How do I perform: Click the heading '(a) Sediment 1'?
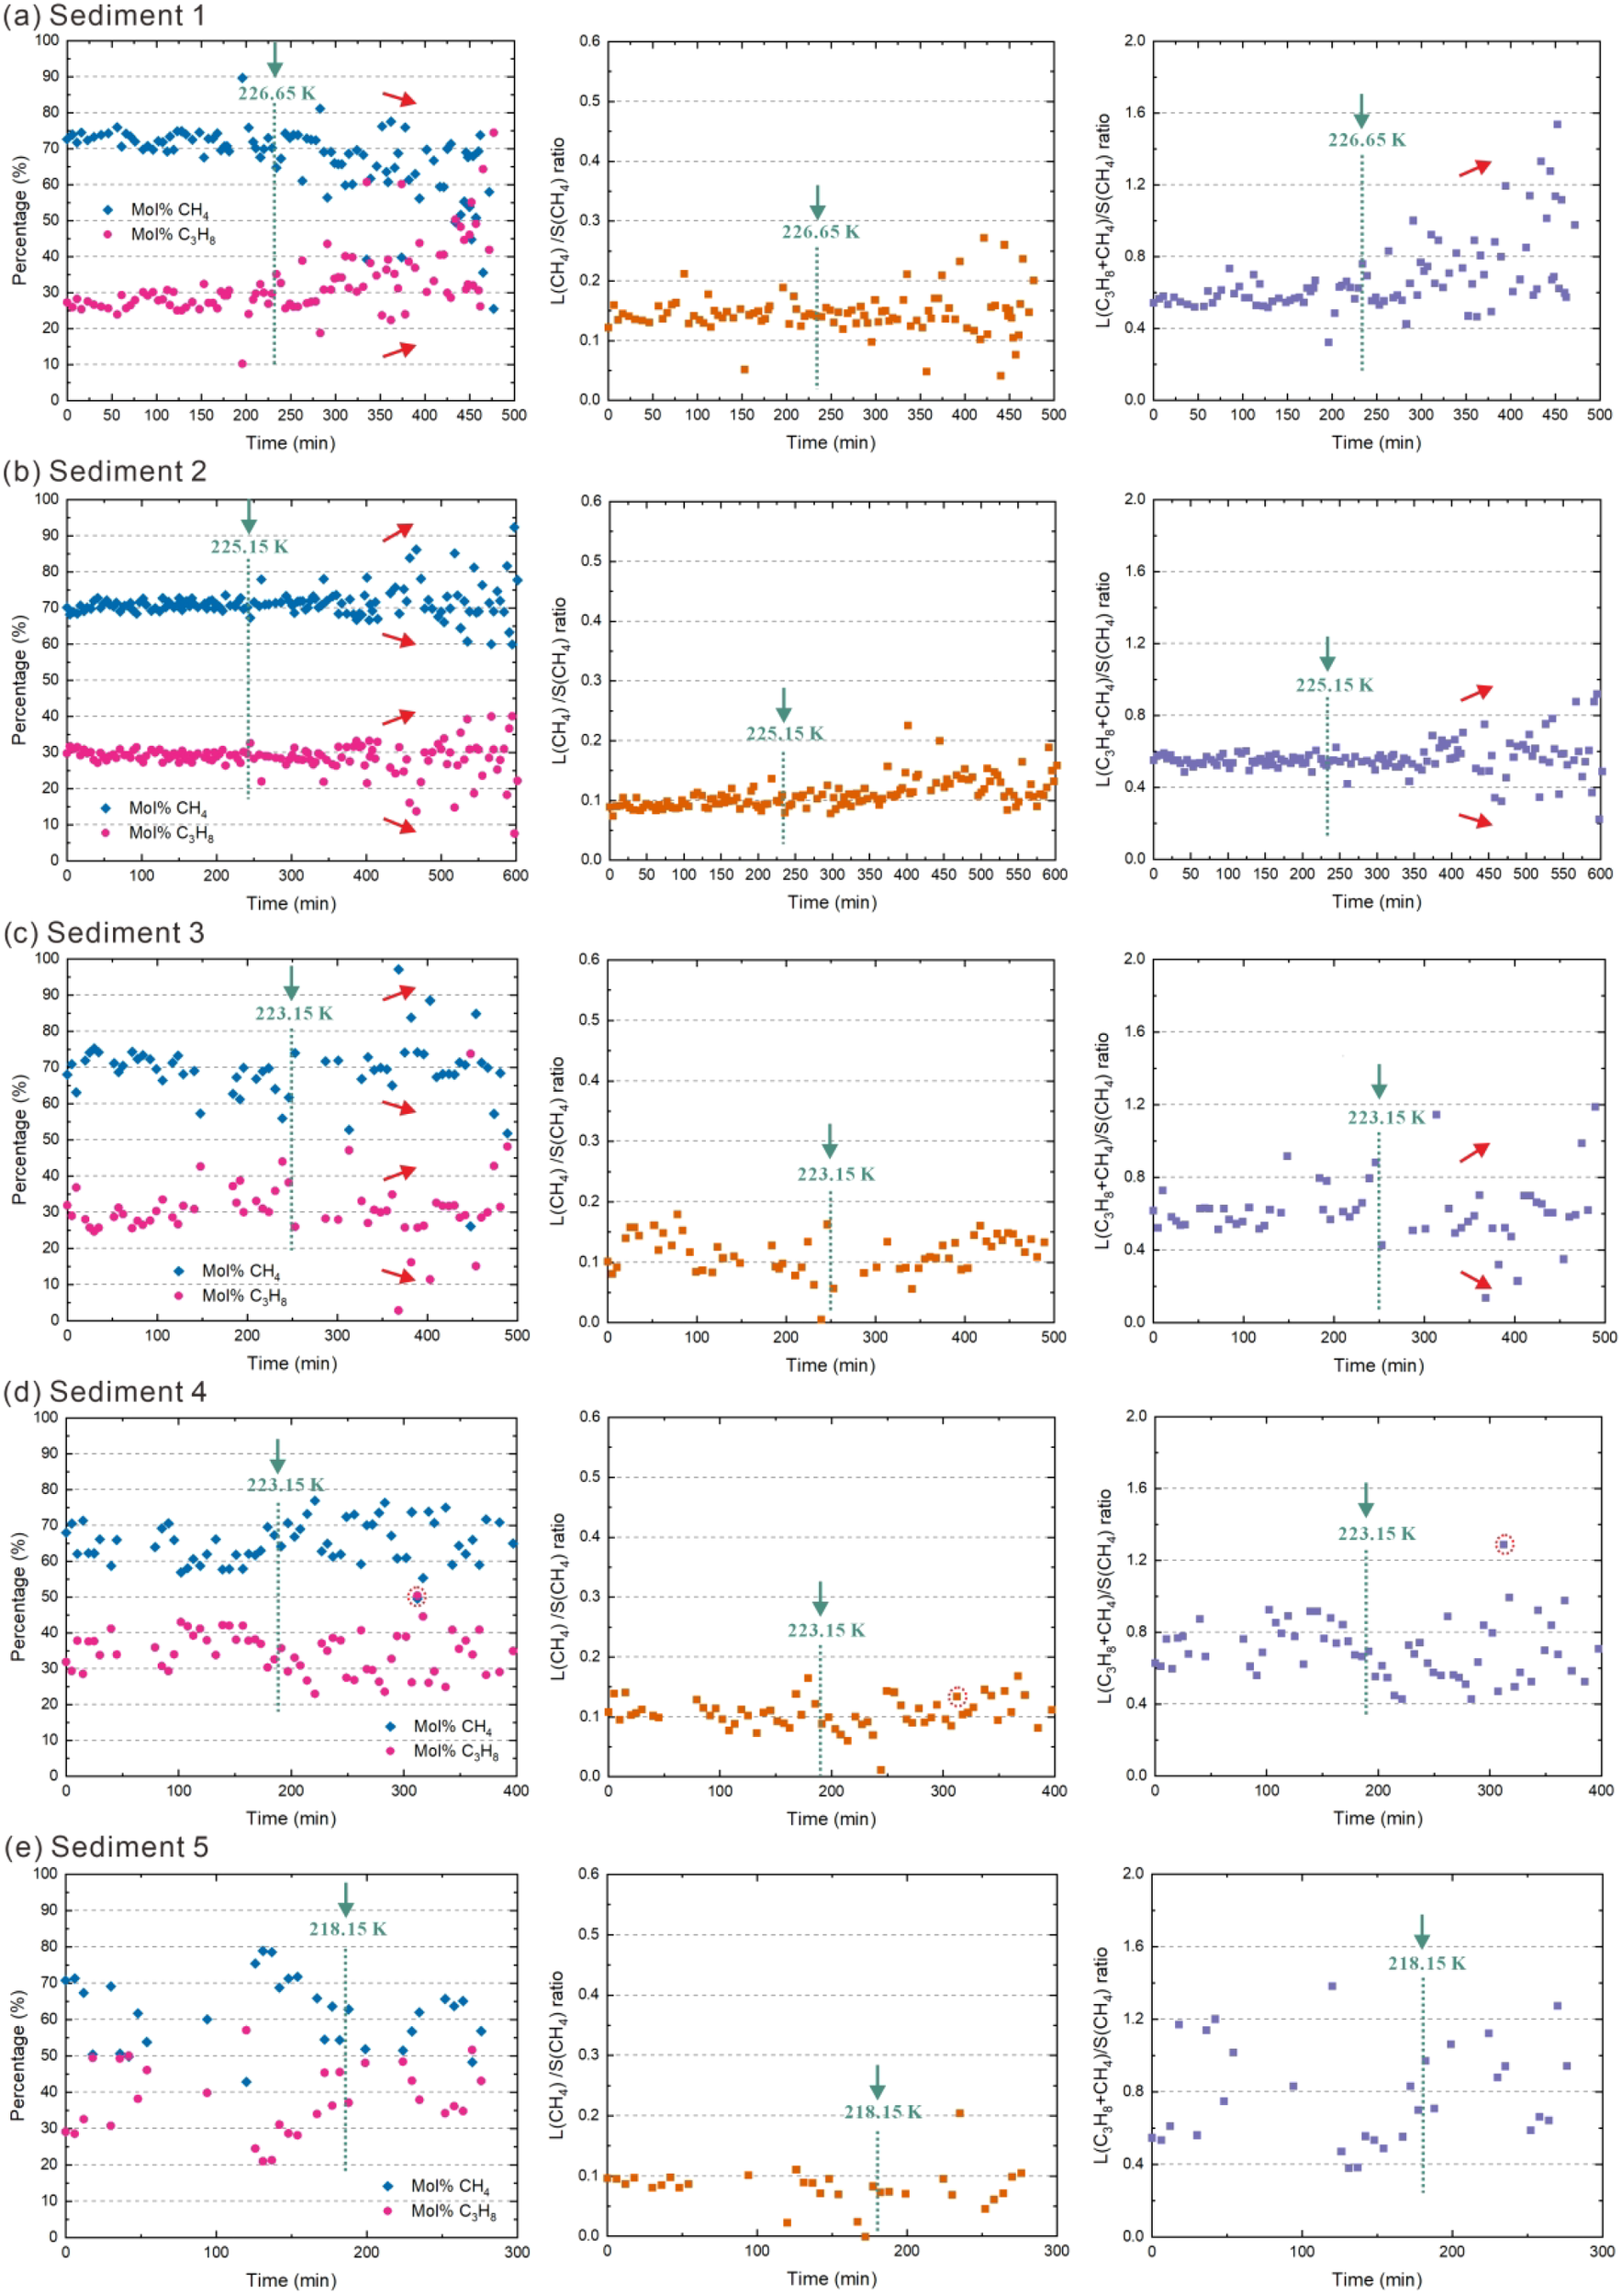[x=104, y=16]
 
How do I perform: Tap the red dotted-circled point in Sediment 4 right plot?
[x=1505, y=1544]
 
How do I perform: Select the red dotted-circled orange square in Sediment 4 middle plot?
[x=956, y=1697]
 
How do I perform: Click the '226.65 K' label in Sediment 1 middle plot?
[x=820, y=232]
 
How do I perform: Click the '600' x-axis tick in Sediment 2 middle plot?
[x=1055, y=875]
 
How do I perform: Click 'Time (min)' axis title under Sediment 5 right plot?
[x=1376, y=2280]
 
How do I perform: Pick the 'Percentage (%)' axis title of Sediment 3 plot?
[x=19, y=1139]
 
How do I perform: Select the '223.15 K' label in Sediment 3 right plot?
[x=1385, y=1118]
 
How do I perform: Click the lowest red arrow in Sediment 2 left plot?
[x=398, y=825]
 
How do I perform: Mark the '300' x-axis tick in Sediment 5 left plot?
[x=516, y=2253]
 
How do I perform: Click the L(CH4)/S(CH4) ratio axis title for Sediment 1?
[x=560, y=220]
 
